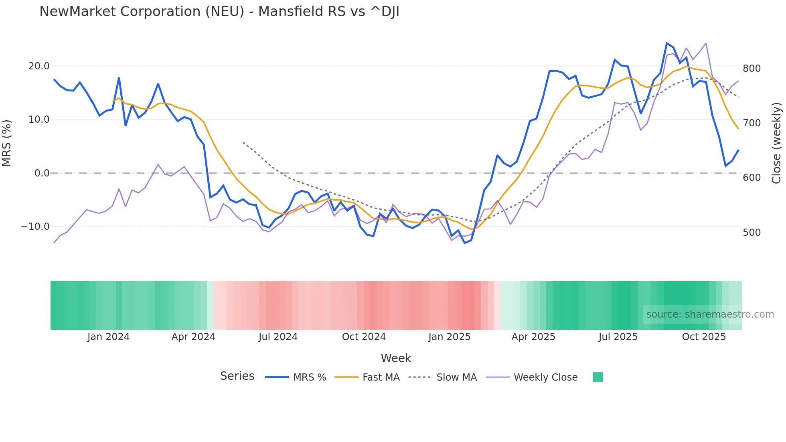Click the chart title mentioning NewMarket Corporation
click(x=219, y=12)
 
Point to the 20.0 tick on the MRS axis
click(x=39, y=66)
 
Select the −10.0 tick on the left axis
click(x=35, y=227)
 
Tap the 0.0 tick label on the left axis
click(x=42, y=173)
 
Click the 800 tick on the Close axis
click(x=752, y=69)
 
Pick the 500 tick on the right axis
click(x=752, y=233)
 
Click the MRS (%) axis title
click(x=7, y=143)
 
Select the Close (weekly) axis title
click(x=777, y=143)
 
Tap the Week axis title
click(x=396, y=358)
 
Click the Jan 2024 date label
click(x=108, y=337)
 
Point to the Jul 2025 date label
click(x=618, y=337)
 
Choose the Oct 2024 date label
click(x=364, y=337)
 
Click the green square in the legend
click(x=598, y=377)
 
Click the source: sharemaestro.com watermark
click(x=710, y=314)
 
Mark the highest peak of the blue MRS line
click(x=667, y=43)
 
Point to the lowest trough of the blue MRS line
click(x=465, y=243)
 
